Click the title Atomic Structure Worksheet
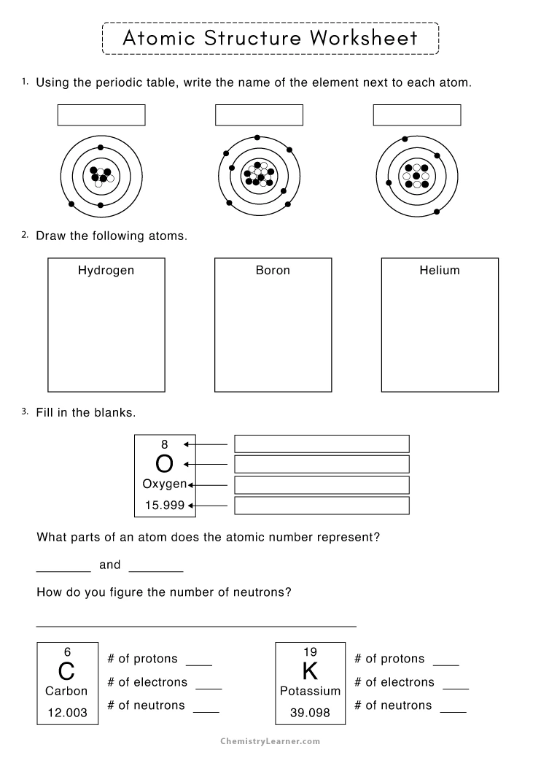click(x=270, y=38)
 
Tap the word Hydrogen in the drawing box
click(x=106, y=271)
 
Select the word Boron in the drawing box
click(x=273, y=271)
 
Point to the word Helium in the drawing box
click(x=440, y=271)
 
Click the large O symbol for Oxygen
click(x=165, y=464)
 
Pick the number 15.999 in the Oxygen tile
click(x=164, y=504)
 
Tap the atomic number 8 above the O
click(x=165, y=444)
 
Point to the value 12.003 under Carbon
click(x=67, y=713)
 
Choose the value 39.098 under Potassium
click(x=310, y=713)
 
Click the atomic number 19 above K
click(x=310, y=651)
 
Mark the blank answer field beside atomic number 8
click(x=322, y=444)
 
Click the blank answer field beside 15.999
click(x=322, y=505)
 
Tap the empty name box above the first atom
click(x=101, y=115)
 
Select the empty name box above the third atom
click(x=417, y=115)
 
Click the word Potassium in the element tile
click(x=310, y=691)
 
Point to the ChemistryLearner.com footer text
click(x=270, y=741)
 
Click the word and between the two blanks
click(x=109, y=565)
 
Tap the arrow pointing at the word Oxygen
click(x=208, y=484)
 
